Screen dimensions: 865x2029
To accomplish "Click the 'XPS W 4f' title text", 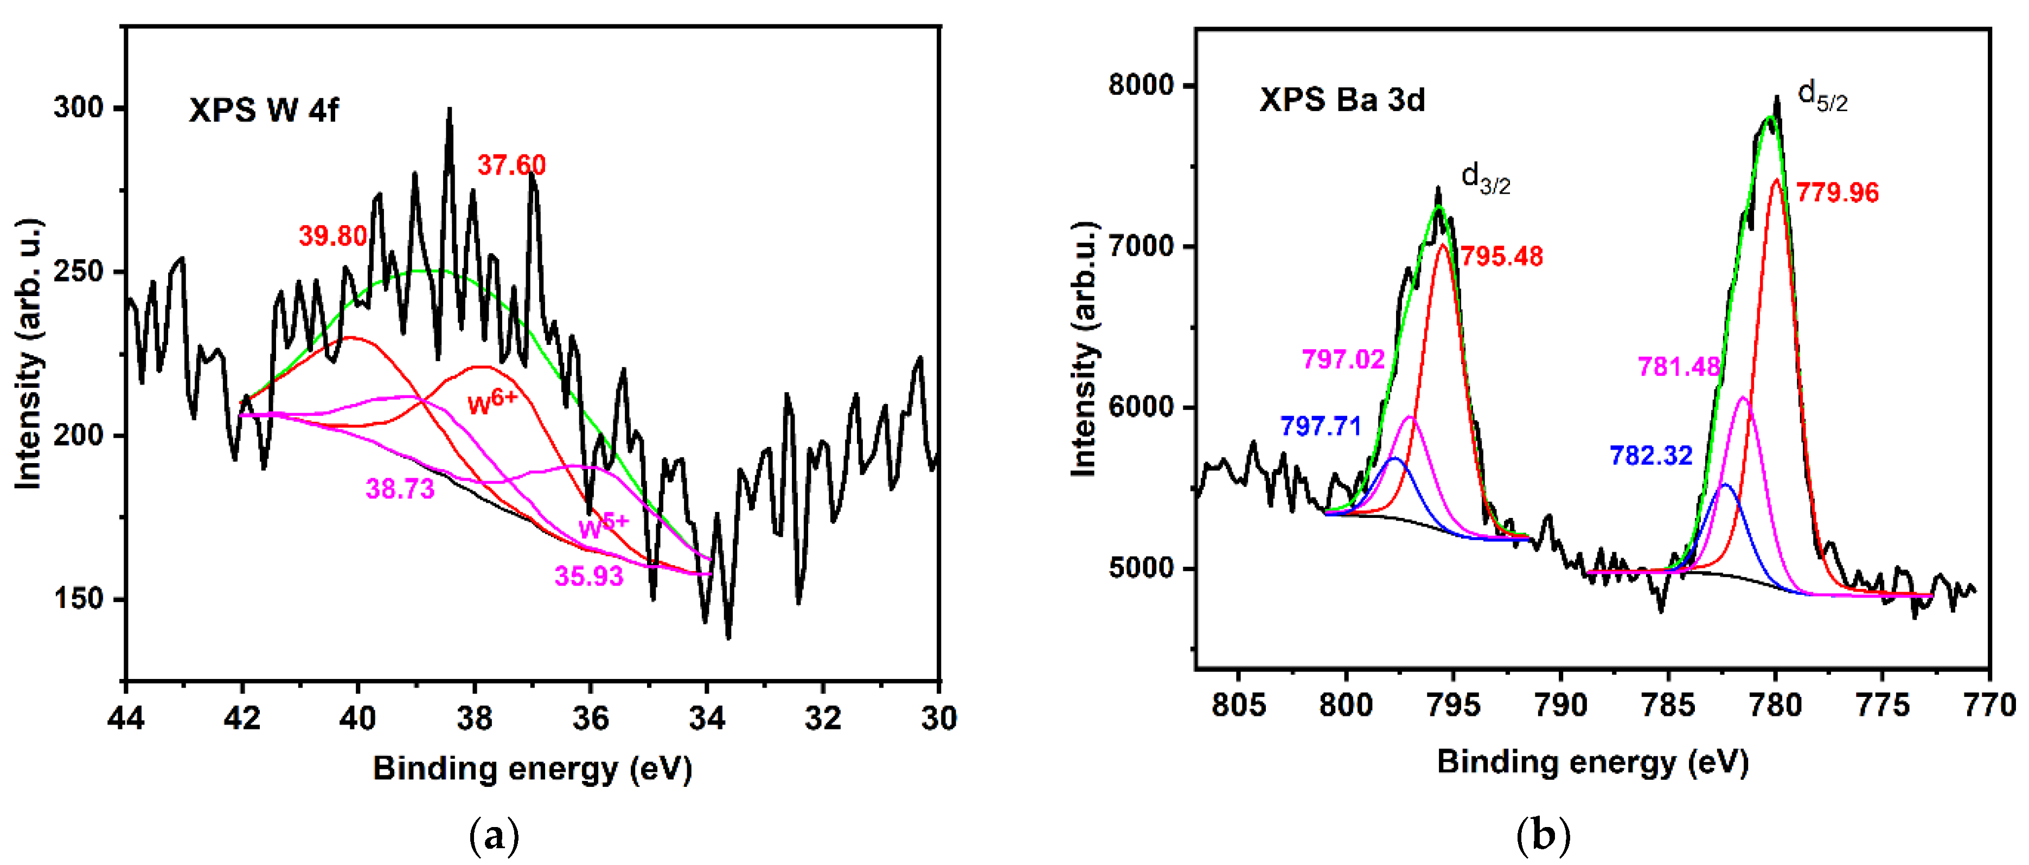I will pos(263,110).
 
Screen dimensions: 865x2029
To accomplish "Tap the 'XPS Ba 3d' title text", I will pos(1342,100).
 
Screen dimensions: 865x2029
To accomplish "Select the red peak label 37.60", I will pos(511,165).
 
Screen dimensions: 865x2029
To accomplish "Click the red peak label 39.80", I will pos(332,235).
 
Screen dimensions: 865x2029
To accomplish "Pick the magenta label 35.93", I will pos(588,576).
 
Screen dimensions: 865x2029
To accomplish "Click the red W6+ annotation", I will pos(492,402).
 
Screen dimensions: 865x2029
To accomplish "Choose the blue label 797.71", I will pos(1321,426).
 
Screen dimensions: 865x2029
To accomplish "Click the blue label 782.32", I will pos(1651,456).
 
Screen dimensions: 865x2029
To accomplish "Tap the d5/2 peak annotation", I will pos(1822,96).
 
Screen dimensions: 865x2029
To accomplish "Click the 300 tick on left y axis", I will pos(79,107).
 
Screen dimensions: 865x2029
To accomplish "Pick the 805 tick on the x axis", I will pos(1238,705).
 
